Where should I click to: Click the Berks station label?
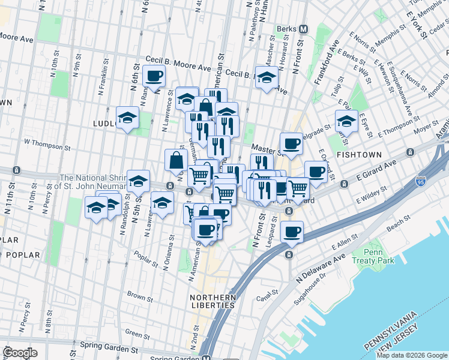point(287,29)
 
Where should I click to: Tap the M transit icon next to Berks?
point(303,29)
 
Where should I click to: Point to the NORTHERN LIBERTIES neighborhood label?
point(212,301)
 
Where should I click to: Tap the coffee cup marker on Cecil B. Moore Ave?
point(154,76)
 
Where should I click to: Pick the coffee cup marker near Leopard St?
point(292,232)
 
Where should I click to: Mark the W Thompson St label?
point(47,143)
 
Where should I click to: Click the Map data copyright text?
point(412,355)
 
